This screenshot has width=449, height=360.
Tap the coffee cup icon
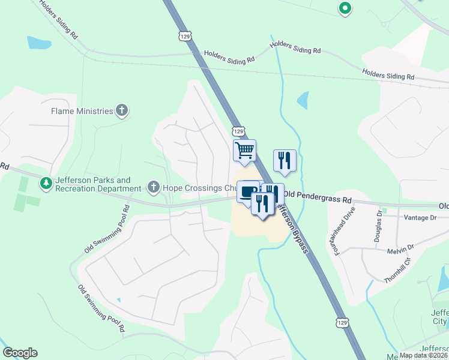point(248,192)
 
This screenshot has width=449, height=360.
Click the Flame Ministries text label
point(82,111)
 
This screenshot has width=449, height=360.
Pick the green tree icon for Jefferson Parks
point(45,182)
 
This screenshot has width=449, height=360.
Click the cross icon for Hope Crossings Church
point(153,188)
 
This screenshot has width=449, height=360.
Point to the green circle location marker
point(345,8)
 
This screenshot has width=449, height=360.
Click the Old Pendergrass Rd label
point(318,195)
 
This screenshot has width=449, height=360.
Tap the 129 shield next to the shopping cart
point(238,131)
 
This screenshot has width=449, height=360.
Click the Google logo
point(20,353)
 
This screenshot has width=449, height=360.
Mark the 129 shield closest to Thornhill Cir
point(342,323)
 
